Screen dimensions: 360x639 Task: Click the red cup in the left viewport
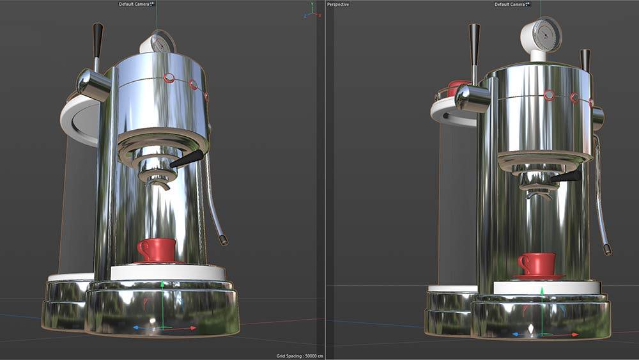click(157, 249)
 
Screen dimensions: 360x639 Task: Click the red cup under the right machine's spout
click(537, 263)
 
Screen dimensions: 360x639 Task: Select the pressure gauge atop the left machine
click(156, 43)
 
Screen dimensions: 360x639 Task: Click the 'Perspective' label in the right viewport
click(339, 4)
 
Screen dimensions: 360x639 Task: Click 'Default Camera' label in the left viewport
click(134, 4)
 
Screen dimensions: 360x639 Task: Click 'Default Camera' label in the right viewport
click(510, 4)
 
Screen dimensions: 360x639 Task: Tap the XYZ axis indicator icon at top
click(311, 10)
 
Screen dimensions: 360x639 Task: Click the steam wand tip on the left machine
click(224, 240)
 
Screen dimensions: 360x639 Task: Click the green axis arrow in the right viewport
click(542, 292)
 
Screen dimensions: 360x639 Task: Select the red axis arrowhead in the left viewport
click(194, 328)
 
